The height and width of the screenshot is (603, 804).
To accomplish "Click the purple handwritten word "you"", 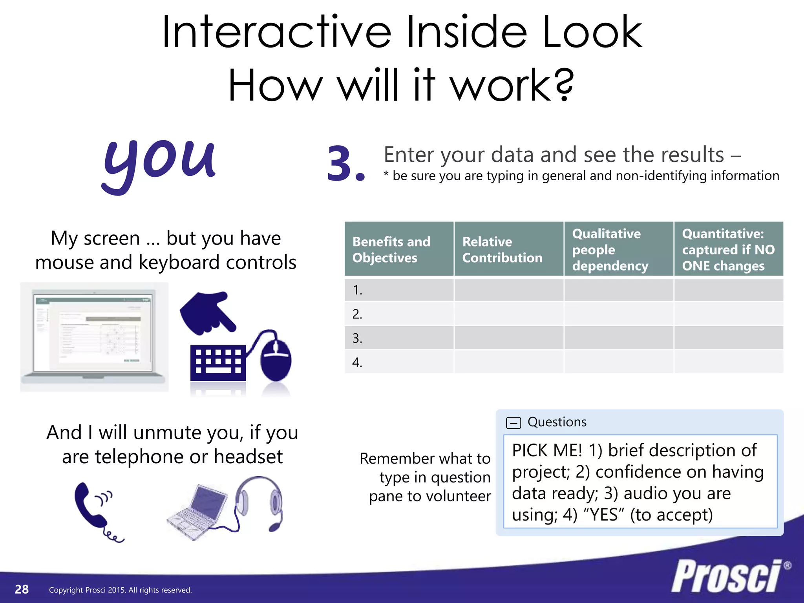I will tap(159, 163).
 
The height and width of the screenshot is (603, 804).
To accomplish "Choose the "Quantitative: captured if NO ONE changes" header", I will tap(729, 249).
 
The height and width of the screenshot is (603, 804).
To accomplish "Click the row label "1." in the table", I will tap(357, 290).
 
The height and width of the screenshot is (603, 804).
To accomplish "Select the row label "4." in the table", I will tap(357, 362).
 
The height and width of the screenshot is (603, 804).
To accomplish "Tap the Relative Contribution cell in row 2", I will tap(509, 314).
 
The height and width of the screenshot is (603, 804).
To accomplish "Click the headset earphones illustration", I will tap(259, 502).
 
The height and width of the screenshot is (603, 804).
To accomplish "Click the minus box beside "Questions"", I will tap(513, 423).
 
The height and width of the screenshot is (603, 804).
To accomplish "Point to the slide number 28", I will tap(22, 589).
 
